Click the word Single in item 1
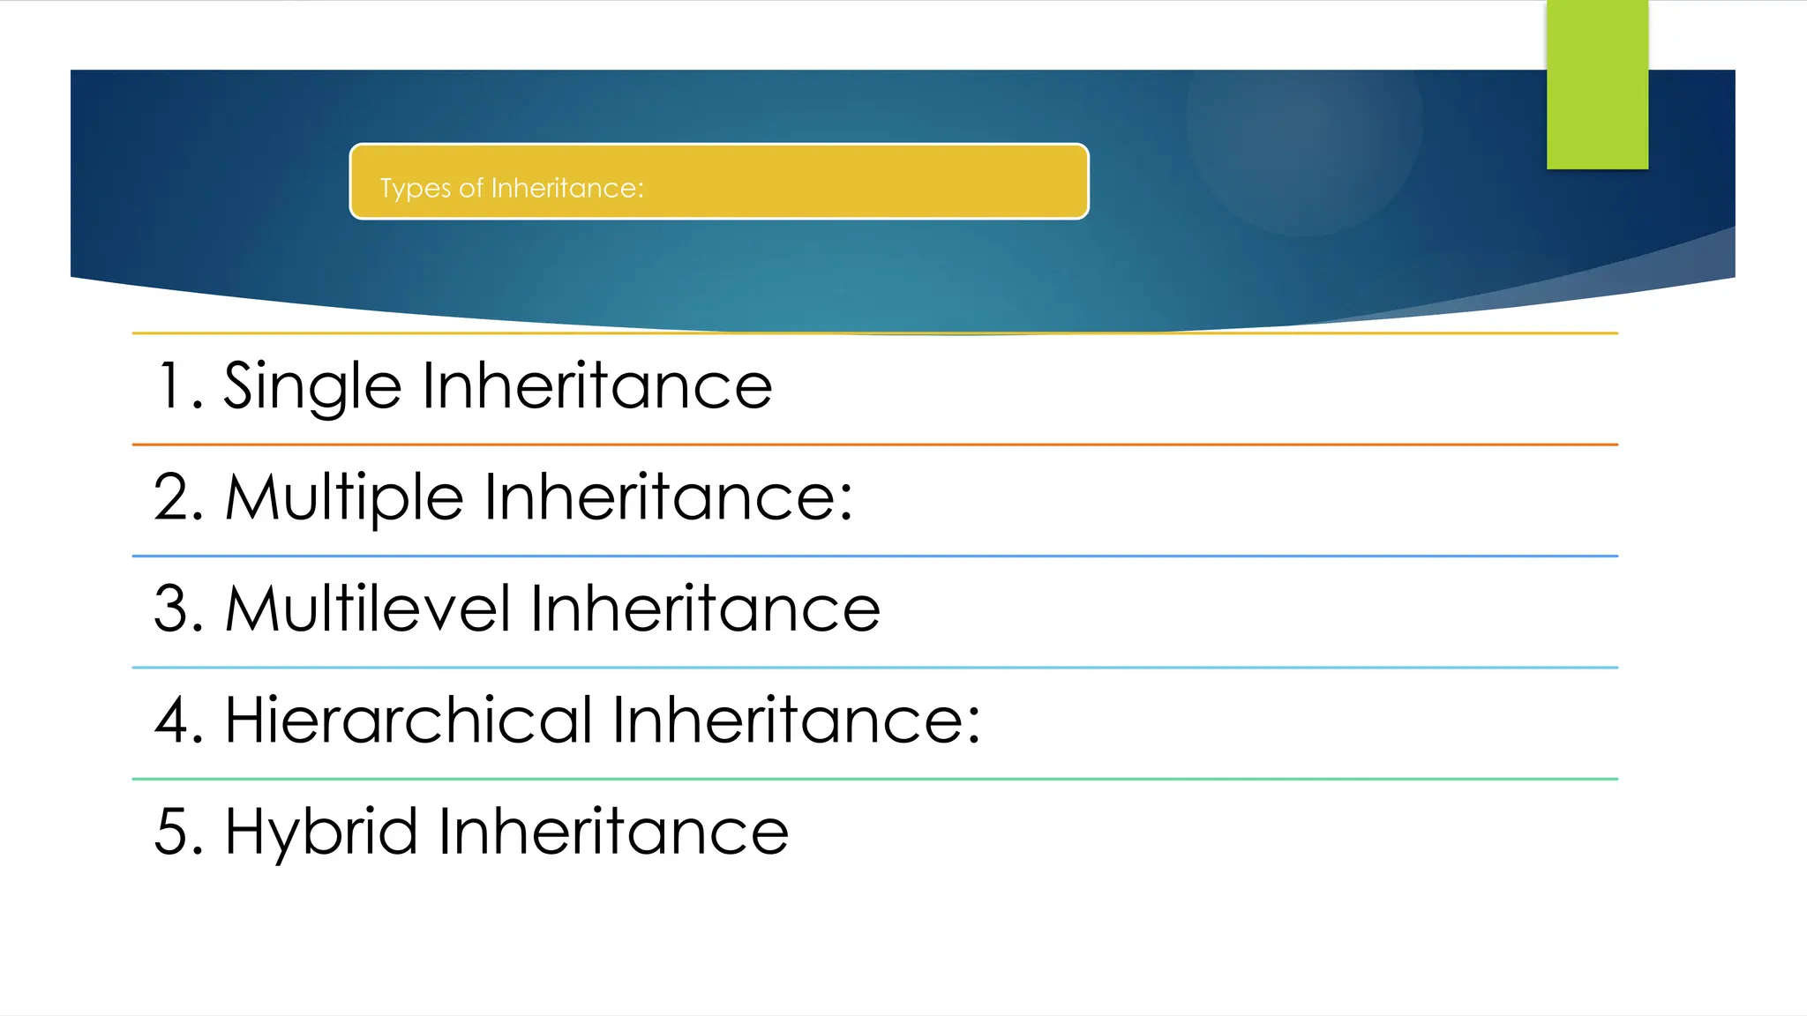[x=312, y=387]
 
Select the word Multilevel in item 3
[x=368, y=609]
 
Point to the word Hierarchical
[x=409, y=721]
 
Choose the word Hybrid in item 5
[x=321, y=832]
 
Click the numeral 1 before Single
[x=169, y=387]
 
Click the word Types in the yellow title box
[x=415, y=189]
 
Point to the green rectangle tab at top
[x=1597, y=85]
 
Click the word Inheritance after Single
[x=597, y=387]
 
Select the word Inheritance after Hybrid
[x=613, y=832]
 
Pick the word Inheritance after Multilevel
[x=705, y=609]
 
